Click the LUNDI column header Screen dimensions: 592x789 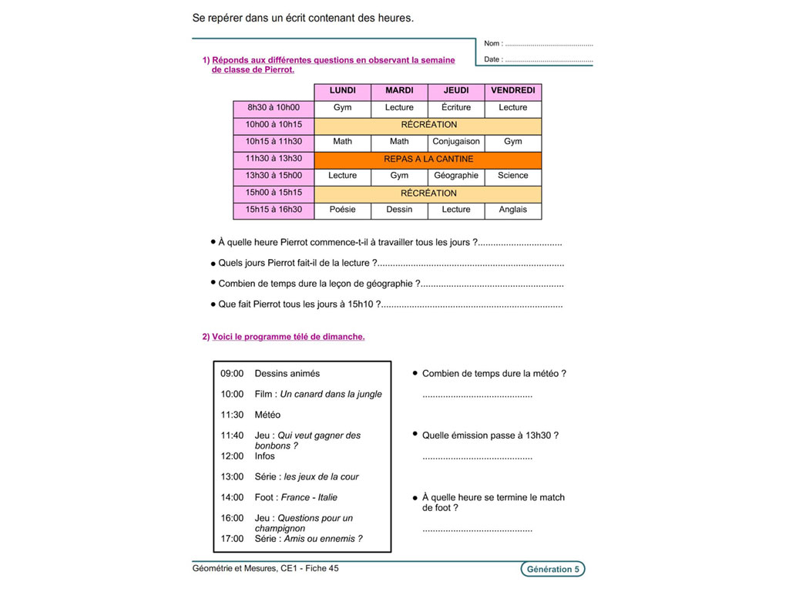(342, 91)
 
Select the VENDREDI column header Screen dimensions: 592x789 (512, 91)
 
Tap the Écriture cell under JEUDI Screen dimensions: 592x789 (456, 108)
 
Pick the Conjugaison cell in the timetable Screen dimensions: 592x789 (456, 142)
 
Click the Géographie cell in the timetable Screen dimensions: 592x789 (456, 176)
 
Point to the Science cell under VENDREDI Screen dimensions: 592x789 (512, 176)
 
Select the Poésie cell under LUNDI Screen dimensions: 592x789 (342, 210)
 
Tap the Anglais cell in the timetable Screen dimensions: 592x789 (512, 210)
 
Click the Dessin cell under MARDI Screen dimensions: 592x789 (399, 210)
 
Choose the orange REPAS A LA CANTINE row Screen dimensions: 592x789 (428, 159)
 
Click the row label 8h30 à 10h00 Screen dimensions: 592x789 (274, 108)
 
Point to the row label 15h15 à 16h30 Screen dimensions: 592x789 (274, 210)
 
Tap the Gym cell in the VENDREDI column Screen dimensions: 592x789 (512, 142)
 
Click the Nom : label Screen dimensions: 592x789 (493, 44)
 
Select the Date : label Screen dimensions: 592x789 (493, 59)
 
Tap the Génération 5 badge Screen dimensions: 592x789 (552, 570)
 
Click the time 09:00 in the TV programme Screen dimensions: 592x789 (232, 374)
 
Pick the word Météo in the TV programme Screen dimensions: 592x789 (267, 415)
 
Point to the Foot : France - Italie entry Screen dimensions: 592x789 (296, 498)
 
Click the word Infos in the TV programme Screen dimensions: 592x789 (264, 456)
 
